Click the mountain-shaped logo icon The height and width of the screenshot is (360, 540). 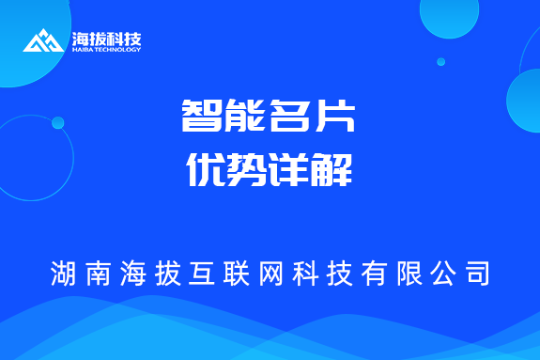click(43, 41)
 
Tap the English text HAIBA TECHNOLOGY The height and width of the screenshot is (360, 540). click(106, 50)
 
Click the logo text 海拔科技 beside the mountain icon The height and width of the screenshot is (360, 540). click(106, 39)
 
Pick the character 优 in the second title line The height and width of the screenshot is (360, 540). click(202, 171)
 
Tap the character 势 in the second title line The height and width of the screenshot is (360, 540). click(247, 171)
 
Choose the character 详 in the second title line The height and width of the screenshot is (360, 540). click(291, 171)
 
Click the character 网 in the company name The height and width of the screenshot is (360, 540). click(270, 274)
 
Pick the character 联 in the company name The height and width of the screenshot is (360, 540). click(236, 274)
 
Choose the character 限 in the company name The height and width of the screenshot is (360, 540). click(407, 274)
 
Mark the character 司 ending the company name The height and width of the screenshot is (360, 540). click(475, 274)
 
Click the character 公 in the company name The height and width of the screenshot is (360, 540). click(440, 274)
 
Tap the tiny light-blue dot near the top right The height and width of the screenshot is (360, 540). click(440, 62)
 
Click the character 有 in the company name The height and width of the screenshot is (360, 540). click(373, 274)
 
